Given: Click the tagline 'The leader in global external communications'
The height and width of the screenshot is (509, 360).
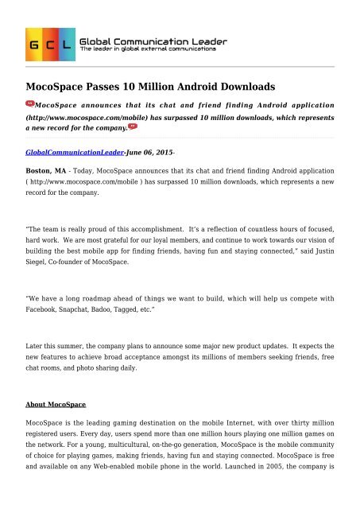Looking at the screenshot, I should (x=149, y=49).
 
